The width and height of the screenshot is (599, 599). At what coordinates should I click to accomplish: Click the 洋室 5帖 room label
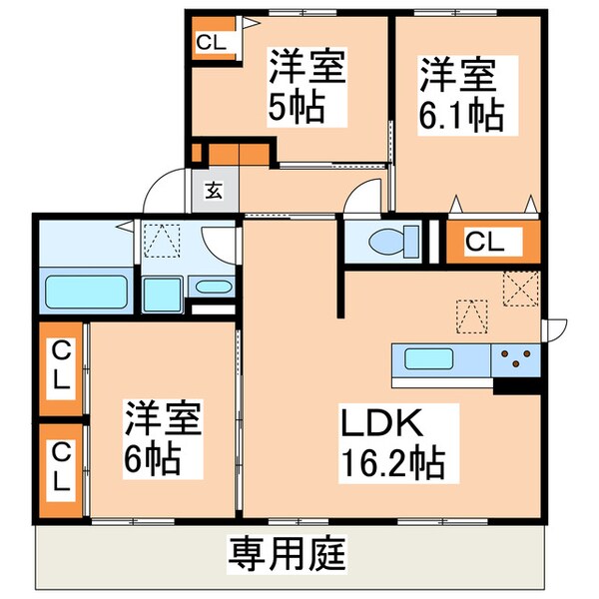307,87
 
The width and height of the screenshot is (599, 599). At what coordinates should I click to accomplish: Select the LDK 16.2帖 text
392,442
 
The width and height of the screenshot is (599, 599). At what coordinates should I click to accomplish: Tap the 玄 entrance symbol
215,190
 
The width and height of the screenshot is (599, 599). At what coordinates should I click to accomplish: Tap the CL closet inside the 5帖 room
210,41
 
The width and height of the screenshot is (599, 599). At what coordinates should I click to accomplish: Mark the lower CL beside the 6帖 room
62,468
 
